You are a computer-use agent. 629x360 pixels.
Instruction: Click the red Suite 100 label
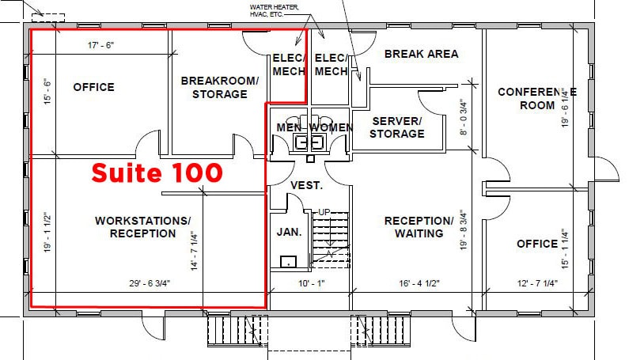(x=157, y=172)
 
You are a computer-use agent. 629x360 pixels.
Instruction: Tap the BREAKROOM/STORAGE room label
(x=219, y=87)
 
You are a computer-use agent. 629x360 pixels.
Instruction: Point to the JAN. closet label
(x=290, y=232)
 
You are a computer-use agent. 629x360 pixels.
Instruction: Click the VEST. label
(x=306, y=185)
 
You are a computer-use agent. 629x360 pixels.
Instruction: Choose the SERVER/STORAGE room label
(x=397, y=127)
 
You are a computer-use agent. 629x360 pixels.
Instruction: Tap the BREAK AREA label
(x=421, y=54)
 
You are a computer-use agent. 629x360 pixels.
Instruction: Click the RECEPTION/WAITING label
(x=419, y=226)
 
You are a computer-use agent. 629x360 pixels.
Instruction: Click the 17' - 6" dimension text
(x=100, y=46)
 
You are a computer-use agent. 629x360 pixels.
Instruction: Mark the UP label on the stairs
(x=324, y=212)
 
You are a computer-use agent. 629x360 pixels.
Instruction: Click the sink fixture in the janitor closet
(x=289, y=261)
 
